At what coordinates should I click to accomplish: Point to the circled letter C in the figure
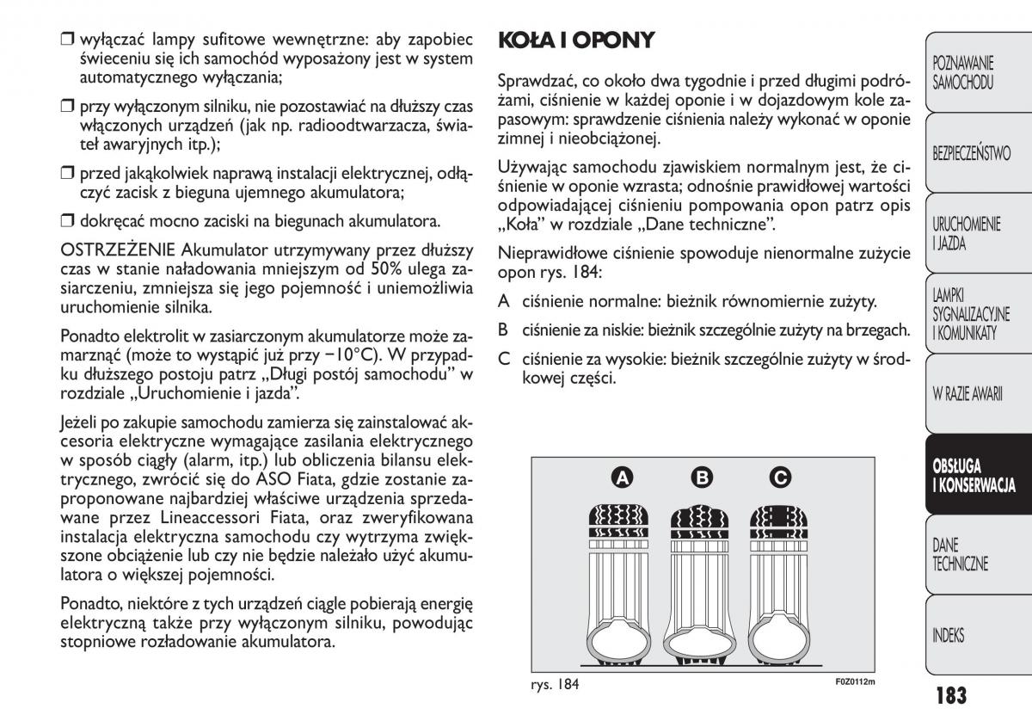pos(780,477)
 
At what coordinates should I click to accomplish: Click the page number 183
pos(949,694)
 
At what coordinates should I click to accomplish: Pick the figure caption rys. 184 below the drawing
pos(556,685)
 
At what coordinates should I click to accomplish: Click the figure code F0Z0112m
pos(855,683)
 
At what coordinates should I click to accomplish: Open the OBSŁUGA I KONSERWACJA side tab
pos(974,476)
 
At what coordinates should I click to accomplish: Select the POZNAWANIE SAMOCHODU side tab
pos(962,73)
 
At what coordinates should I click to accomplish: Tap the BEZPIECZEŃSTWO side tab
pos(971,153)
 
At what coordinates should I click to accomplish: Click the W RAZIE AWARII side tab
pos(967,395)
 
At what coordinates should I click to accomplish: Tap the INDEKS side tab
pos(948,636)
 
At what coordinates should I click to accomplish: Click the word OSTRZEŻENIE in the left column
pos(116,250)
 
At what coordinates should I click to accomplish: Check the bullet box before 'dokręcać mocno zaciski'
pos(67,221)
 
